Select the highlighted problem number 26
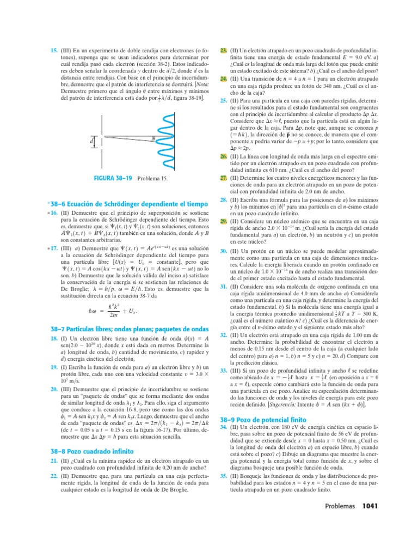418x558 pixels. (223, 156)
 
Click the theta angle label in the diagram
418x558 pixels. (153, 139)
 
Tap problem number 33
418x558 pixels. (223, 370)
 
